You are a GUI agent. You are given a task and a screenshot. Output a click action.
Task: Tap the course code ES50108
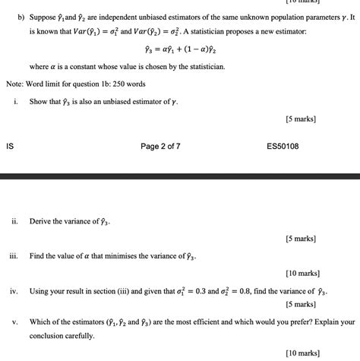click(283, 146)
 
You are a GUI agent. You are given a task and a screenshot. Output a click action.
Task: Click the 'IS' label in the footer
click(10, 146)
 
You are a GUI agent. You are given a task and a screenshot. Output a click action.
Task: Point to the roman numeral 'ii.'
click(15, 222)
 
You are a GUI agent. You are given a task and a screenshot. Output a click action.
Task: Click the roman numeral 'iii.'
click(14, 256)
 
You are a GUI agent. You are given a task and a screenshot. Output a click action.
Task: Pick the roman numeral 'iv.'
click(14, 291)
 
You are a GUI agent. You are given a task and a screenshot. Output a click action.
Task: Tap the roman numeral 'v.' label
click(15, 321)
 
